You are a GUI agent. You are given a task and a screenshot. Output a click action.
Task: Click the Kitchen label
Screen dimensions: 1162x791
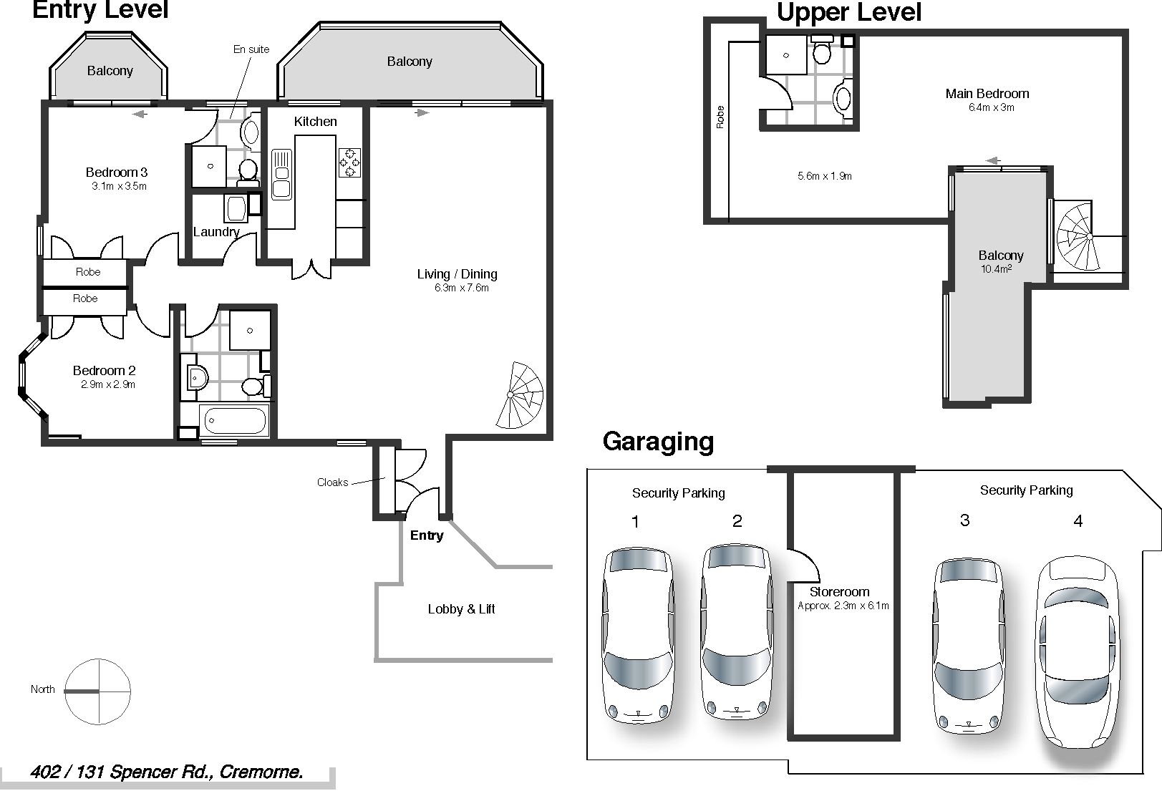pos(316,122)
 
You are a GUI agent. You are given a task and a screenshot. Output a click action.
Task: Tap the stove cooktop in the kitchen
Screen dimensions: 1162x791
pos(349,162)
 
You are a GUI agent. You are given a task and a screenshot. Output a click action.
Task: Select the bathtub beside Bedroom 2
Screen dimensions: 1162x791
pos(235,420)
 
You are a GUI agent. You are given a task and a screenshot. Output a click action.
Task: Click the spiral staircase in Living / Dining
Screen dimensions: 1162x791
pos(519,395)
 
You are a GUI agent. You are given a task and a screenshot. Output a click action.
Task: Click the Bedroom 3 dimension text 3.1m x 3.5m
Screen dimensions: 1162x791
pos(120,186)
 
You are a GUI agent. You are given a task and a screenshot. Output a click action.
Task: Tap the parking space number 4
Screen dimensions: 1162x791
pos(1078,520)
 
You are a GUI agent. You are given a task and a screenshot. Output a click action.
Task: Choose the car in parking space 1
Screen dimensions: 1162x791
pos(638,636)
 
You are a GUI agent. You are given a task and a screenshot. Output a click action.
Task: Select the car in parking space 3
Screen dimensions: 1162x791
pos(968,646)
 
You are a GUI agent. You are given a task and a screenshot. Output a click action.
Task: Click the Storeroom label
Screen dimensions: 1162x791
pos(839,592)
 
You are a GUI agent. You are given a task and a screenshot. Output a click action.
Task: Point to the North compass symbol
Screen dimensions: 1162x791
pos(97,691)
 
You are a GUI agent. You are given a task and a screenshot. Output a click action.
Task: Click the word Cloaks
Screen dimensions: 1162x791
pos(332,482)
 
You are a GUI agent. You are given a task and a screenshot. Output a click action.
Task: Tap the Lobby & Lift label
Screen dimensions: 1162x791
pos(461,609)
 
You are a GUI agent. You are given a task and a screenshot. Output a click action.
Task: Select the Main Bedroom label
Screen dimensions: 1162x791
pos(987,94)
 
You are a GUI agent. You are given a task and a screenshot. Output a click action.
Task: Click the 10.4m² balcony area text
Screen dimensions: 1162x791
pos(996,268)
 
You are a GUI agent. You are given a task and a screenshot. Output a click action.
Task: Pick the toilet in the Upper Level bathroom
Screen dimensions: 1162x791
pos(822,48)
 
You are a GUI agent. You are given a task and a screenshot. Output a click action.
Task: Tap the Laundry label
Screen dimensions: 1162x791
pos(216,232)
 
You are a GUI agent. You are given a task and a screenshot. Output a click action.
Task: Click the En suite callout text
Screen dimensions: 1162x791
pos(251,49)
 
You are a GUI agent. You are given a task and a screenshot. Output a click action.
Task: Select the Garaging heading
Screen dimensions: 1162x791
pos(658,442)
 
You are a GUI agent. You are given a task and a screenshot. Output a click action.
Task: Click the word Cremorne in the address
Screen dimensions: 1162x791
pos(261,772)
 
